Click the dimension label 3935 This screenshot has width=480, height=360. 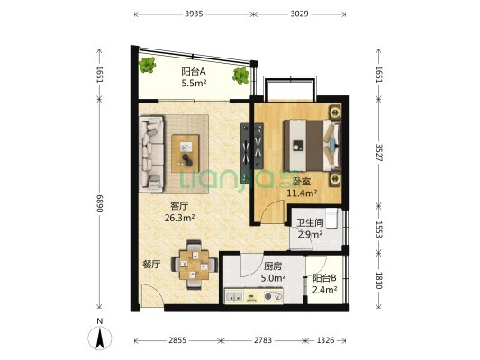click(194, 13)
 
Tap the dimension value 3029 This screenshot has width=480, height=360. click(299, 13)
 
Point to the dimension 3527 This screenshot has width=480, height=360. click(379, 153)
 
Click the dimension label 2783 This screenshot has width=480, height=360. click(263, 340)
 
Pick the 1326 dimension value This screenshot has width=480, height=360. click(325, 340)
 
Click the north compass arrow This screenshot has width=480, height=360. click(100, 337)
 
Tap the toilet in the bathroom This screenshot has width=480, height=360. click(331, 218)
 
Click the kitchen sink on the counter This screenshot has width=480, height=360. click(234, 296)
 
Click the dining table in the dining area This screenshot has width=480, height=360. click(195, 265)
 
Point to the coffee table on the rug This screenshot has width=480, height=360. click(186, 153)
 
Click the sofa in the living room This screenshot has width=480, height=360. click(151, 154)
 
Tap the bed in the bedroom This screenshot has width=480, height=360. click(312, 145)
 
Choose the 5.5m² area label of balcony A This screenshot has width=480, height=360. click(194, 83)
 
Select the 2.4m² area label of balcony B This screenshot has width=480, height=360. click(324, 289)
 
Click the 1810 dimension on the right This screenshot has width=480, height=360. click(379, 281)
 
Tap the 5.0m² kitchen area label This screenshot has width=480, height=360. click(274, 278)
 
